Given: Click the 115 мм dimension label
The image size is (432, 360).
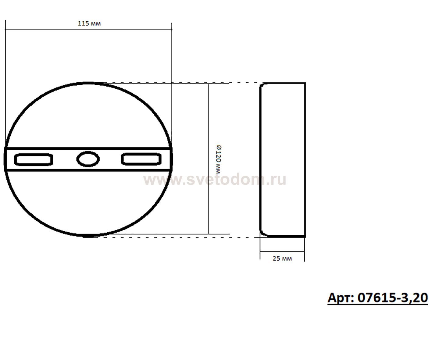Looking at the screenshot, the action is (x=89, y=23).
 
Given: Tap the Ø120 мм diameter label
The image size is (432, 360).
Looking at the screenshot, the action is (x=219, y=159).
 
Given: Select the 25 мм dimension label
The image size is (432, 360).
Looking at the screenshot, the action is (x=282, y=258).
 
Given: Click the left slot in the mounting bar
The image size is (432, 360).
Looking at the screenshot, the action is (x=34, y=160).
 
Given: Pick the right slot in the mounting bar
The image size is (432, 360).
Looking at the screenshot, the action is (x=141, y=159).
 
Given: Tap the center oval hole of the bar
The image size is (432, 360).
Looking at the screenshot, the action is (x=88, y=159).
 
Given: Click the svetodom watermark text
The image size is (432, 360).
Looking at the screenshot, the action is (x=215, y=179).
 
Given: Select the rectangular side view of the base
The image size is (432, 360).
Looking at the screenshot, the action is (x=283, y=160).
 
